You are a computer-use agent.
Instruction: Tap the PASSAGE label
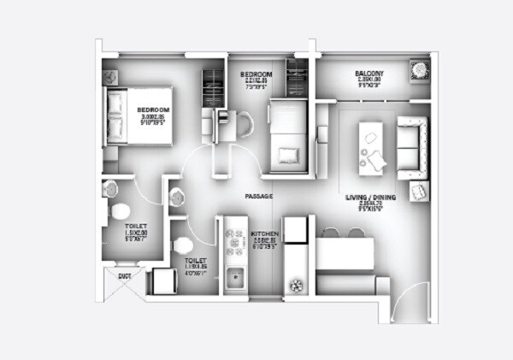pyautogui.click(x=258, y=198)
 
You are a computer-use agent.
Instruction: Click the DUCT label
pyautogui.click(x=124, y=276)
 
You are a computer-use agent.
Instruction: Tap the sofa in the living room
pyautogui.click(x=412, y=141)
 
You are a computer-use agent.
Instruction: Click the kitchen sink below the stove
pyautogui.click(x=233, y=278)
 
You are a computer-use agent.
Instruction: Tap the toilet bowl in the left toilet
pyautogui.click(x=121, y=211)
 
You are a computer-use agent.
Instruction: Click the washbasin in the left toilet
pyautogui.click(x=109, y=188)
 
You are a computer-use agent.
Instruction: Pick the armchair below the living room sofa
pyautogui.click(x=418, y=192)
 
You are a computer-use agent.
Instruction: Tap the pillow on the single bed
pyautogui.click(x=287, y=154)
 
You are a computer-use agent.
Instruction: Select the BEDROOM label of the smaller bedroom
pyautogui.click(x=257, y=75)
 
